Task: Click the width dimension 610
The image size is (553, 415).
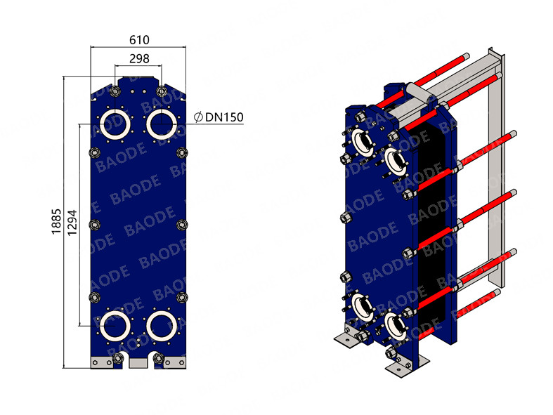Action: click(x=138, y=41)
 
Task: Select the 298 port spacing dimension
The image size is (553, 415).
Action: click(x=138, y=60)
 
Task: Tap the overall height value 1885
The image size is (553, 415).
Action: click(x=56, y=222)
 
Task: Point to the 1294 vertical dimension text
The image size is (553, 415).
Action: click(x=70, y=222)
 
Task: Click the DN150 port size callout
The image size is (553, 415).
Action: click(x=223, y=117)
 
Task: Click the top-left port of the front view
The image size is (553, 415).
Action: click(x=115, y=124)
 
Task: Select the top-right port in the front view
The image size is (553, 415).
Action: click(x=162, y=124)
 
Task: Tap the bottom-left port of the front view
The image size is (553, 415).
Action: click(x=115, y=325)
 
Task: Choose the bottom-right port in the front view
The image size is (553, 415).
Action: click(x=162, y=325)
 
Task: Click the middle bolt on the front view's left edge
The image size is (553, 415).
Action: click(x=95, y=225)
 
